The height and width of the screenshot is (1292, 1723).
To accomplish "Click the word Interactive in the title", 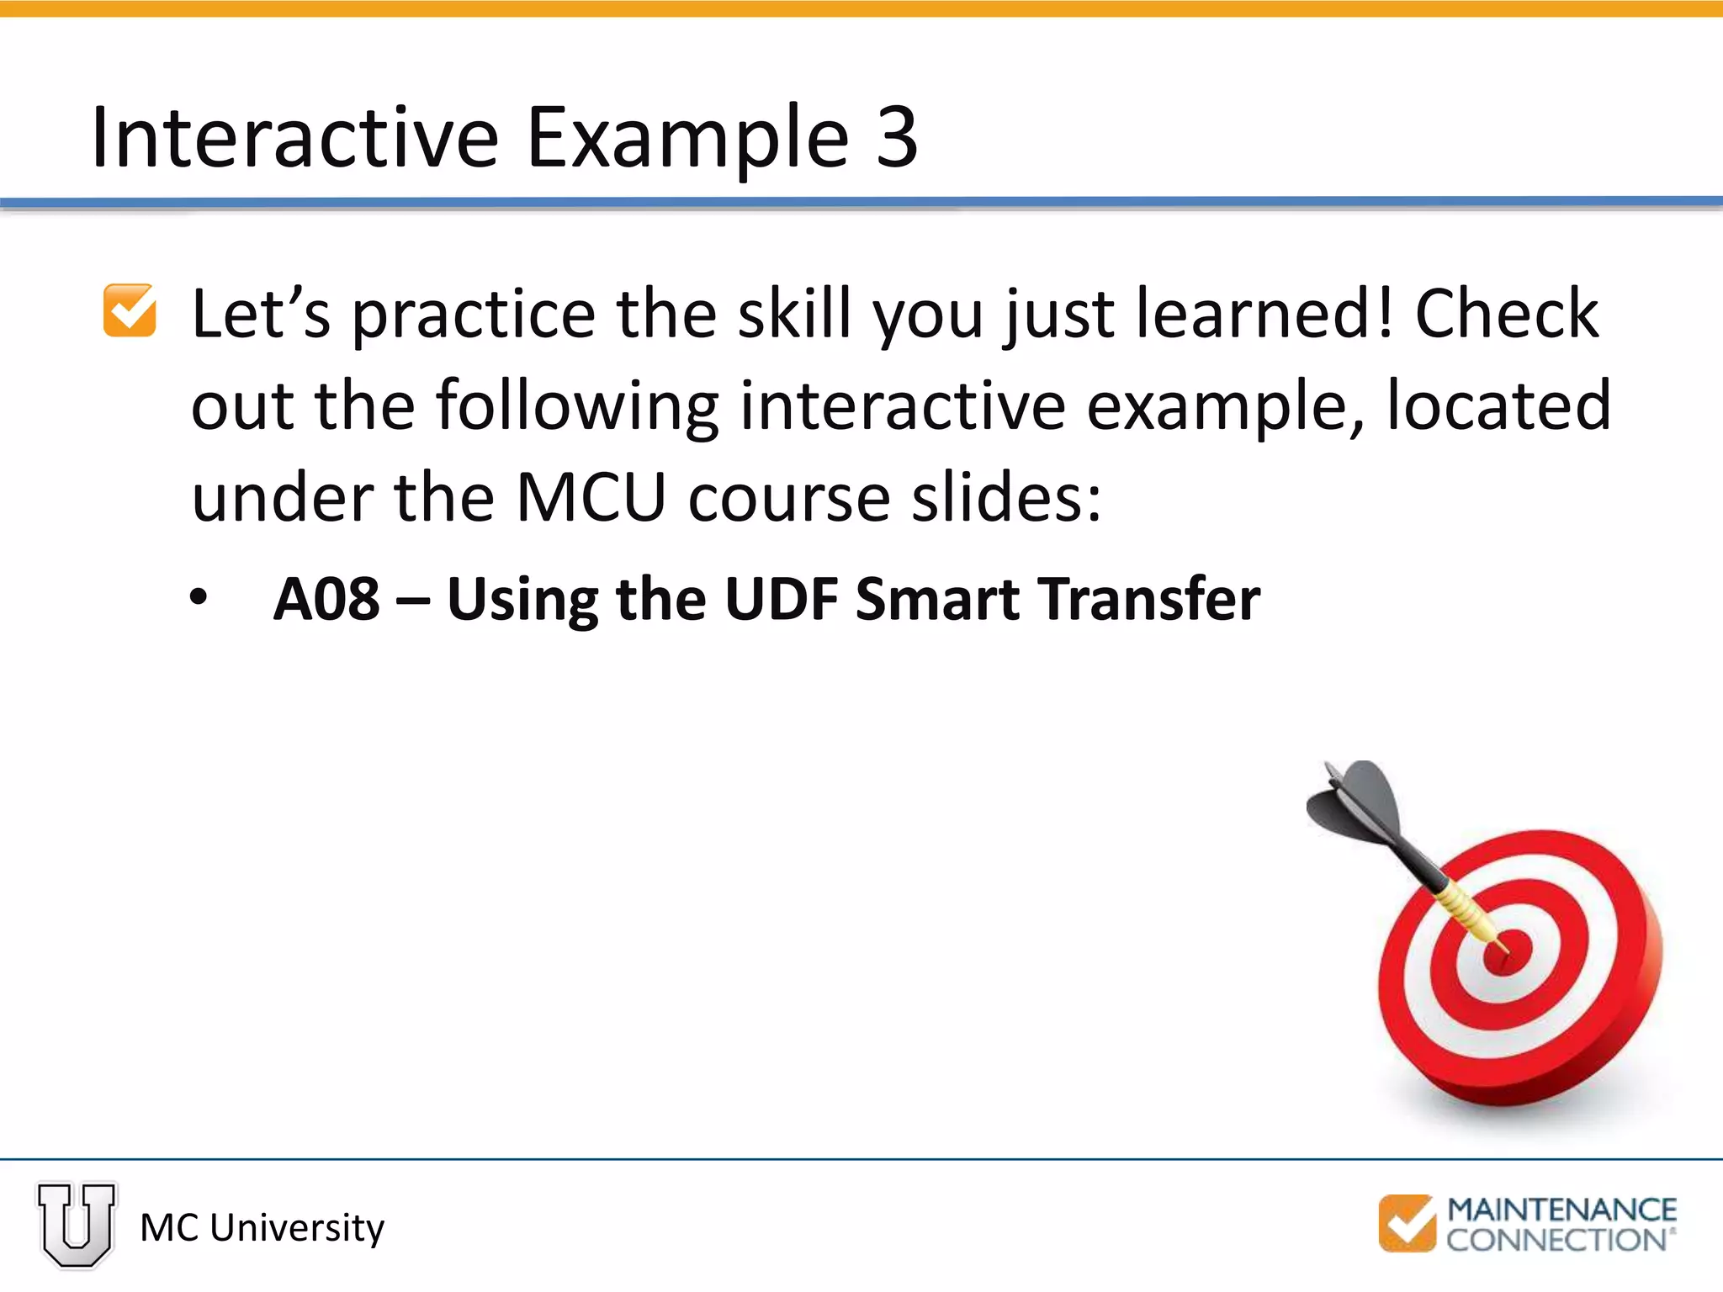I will click(294, 137).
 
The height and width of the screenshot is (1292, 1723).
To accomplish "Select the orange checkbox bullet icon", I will click(130, 311).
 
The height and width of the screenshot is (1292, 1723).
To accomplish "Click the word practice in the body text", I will click(473, 315).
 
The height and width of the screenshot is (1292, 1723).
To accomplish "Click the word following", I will click(577, 406).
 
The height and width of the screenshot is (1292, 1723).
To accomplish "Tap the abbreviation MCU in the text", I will click(591, 498).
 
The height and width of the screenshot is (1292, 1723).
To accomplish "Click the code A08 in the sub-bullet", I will click(326, 600).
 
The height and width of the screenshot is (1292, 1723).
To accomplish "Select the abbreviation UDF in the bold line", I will click(781, 600).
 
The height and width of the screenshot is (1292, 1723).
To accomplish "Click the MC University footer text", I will click(262, 1228).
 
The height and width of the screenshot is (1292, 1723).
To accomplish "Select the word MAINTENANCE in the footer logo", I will click(1561, 1210).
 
